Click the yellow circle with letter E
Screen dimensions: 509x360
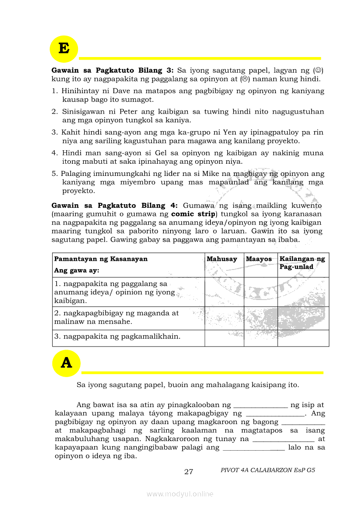click(64, 49)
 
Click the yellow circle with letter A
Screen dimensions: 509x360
click(66, 363)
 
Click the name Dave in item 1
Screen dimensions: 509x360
click(122, 91)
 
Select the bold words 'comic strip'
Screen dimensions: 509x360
click(193, 214)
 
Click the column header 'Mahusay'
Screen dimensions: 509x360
click(222, 259)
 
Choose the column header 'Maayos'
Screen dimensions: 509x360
click(259, 259)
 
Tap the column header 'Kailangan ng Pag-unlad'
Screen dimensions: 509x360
click(302, 263)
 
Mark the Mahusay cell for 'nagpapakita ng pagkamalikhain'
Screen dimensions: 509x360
click(224, 338)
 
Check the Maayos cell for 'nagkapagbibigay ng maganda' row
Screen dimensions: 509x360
click(261, 318)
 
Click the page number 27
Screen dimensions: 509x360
click(189, 472)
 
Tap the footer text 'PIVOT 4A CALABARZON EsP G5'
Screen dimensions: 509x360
click(268, 470)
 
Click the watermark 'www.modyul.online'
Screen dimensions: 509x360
click(180, 494)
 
